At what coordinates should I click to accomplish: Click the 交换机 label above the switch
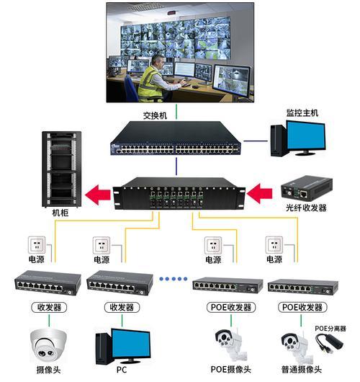pos(155,115)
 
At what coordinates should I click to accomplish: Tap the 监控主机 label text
pos(302,112)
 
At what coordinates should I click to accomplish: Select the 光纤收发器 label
pos(306,208)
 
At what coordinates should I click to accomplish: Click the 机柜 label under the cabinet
pos(60,213)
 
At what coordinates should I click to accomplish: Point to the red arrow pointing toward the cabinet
pos(98,195)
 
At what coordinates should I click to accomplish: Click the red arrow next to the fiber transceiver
pos(259,193)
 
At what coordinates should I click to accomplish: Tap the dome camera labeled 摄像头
pos(48,345)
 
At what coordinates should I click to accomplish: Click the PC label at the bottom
pos(122,370)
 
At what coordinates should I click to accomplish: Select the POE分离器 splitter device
pos(330,343)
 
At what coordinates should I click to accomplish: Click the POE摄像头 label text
pos(230,369)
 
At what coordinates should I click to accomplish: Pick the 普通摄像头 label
pos(302,370)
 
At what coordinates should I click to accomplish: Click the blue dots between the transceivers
pos(174,279)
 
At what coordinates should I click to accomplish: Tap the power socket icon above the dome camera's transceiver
pos(37,245)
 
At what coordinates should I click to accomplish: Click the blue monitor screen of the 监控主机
pos(306,136)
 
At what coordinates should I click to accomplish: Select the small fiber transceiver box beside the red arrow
pos(307,189)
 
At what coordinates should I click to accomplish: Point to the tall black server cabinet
pos(62,169)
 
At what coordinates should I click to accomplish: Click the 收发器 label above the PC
pos(122,308)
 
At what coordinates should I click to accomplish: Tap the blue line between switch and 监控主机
pos(256,141)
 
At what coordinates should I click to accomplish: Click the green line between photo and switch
pos(176,112)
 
